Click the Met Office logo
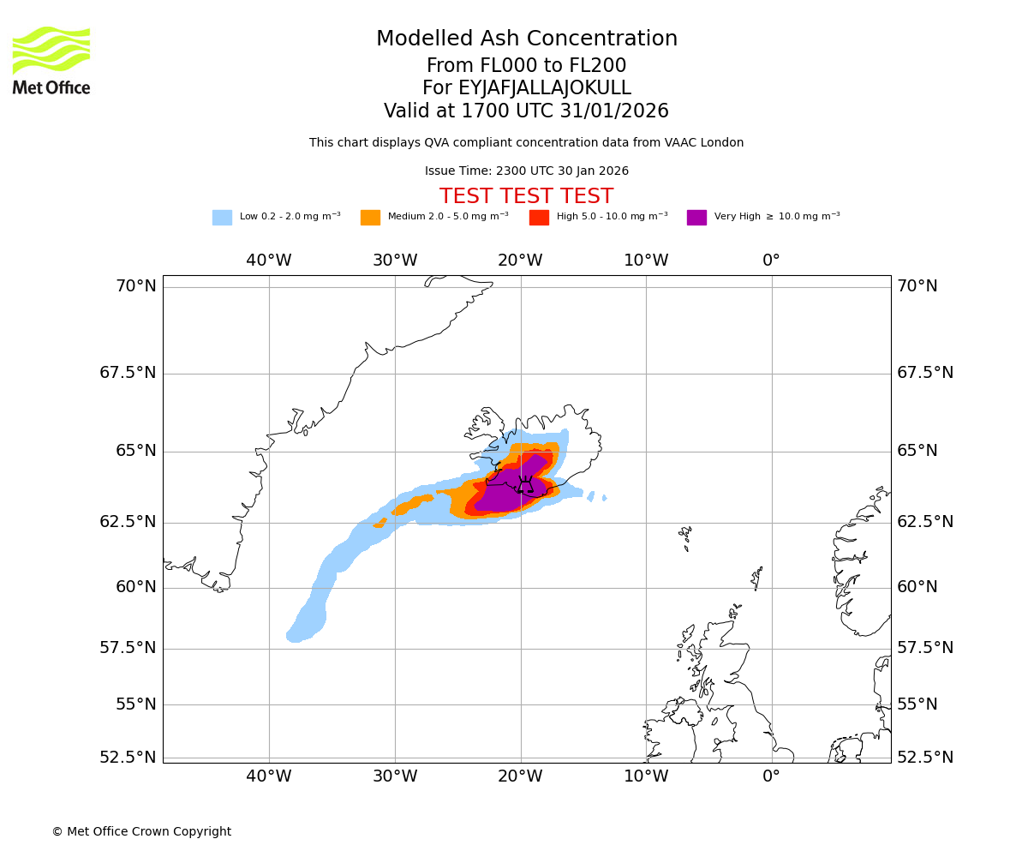click(x=51, y=60)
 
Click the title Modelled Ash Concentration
click(x=526, y=39)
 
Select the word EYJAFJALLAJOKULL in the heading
click(x=545, y=88)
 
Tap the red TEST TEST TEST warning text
click(x=526, y=196)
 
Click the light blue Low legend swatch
click(x=222, y=218)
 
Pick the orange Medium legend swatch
click(x=370, y=218)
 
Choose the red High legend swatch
click(x=539, y=218)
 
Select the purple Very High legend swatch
click(x=696, y=218)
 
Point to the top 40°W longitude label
click(x=269, y=261)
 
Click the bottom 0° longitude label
click(x=771, y=776)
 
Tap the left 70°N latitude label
click(x=136, y=286)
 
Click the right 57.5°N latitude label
click(x=924, y=648)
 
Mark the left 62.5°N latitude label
click(x=128, y=522)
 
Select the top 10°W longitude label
click(x=646, y=261)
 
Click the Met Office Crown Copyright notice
click(x=141, y=831)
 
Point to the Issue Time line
click(x=526, y=171)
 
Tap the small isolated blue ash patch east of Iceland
click(x=604, y=497)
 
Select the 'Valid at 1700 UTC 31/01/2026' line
click(x=526, y=111)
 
